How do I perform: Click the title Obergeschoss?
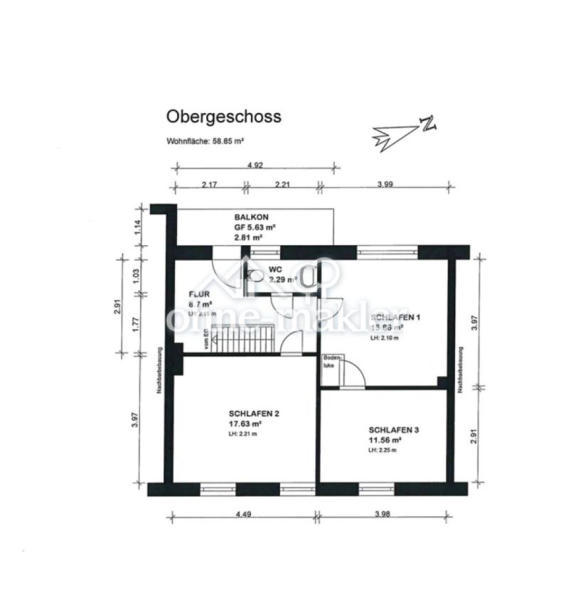click(x=223, y=116)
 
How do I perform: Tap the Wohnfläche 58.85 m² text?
click(x=206, y=141)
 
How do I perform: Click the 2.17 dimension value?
click(x=209, y=184)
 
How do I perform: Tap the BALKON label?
click(x=252, y=217)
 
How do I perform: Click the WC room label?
click(x=275, y=270)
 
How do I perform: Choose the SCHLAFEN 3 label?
click(x=393, y=430)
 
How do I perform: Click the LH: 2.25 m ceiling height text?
click(x=383, y=450)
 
